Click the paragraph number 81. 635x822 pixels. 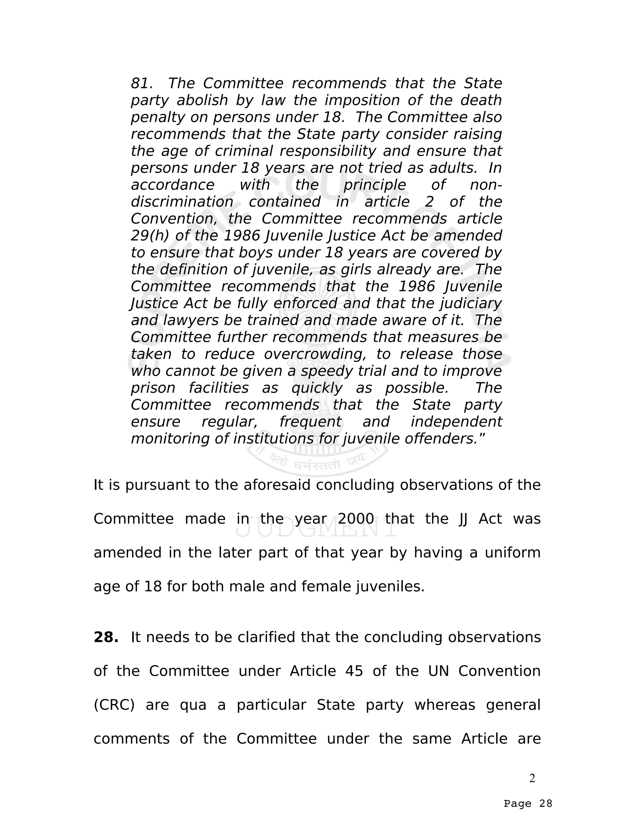pyautogui.click(x=141, y=83)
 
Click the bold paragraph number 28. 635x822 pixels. pyautogui.click(x=106, y=637)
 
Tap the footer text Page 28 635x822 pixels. pyautogui.click(x=528, y=804)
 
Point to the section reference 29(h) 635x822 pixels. pyautogui.click(x=150, y=236)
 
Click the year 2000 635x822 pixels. pyautogui.click(x=356, y=519)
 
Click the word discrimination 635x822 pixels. pyautogui.click(x=182, y=202)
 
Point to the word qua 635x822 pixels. pyautogui.click(x=193, y=705)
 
